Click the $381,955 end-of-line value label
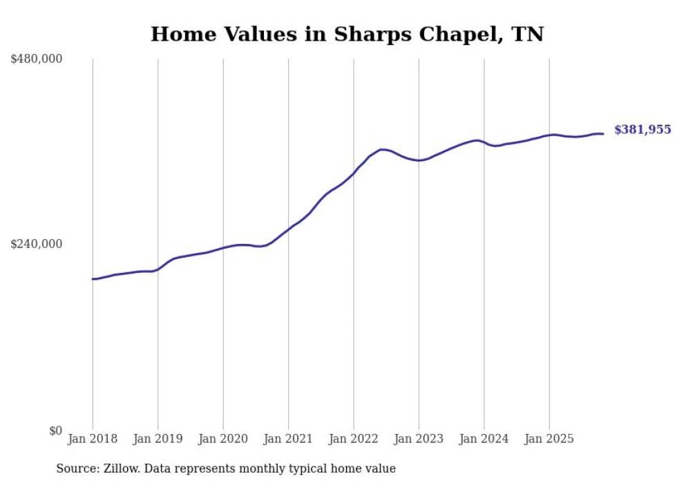tap(642, 130)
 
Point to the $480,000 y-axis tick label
tap(37, 59)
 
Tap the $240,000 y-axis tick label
tap(37, 244)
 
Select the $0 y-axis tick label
tap(55, 430)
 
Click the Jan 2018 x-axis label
tap(93, 439)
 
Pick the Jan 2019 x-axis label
tap(158, 439)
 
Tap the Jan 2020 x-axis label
tap(223, 439)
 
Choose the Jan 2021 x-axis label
tap(288, 439)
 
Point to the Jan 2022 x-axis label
tap(354, 439)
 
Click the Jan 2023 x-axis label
tap(419, 439)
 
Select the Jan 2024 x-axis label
tap(484, 439)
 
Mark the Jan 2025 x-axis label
tap(549, 439)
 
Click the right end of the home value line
tap(603, 133)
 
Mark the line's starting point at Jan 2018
tap(93, 279)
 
